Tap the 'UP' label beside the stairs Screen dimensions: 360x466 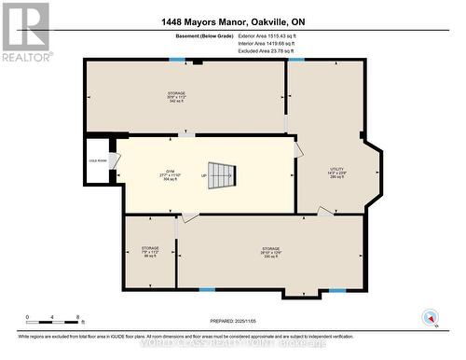(202, 174)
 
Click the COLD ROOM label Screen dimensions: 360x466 (97, 160)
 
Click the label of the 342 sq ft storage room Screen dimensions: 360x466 (177, 97)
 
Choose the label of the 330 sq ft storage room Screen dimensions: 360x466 (270, 253)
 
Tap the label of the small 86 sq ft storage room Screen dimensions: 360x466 (150, 252)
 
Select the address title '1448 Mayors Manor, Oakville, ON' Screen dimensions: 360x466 (233, 24)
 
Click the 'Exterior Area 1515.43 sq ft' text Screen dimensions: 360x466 (305, 38)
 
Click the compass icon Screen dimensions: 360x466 (431, 317)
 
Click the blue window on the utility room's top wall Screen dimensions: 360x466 (296, 60)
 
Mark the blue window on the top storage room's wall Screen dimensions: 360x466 (176, 60)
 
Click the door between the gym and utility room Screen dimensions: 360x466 (297, 150)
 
